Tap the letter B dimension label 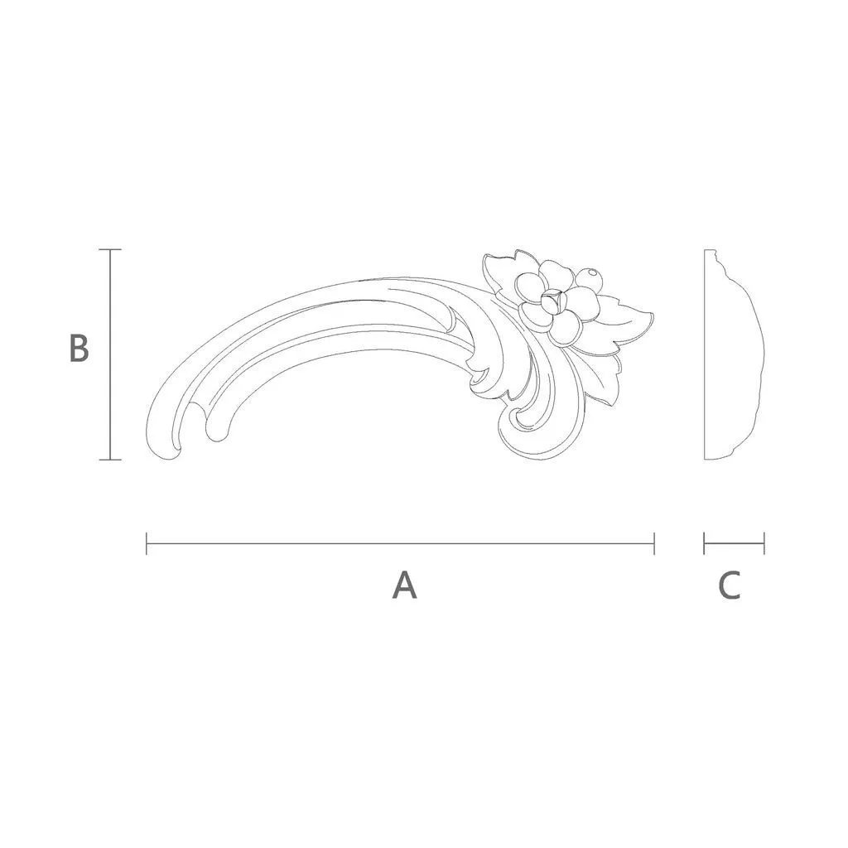tap(79, 348)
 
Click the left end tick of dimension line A tap(147, 543)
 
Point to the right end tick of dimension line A tap(654, 543)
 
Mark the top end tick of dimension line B tap(110, 250)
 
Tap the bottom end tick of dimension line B tap(110, 460)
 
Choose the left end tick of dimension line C tap(704, 543)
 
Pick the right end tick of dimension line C tap(764, 543)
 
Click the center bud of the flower tap(553, 301)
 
